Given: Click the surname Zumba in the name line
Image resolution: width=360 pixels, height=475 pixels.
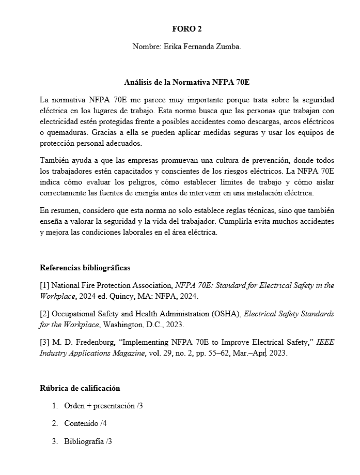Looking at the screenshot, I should pos(229,47).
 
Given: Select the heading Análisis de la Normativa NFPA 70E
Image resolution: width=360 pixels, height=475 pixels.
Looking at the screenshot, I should pos(187,82).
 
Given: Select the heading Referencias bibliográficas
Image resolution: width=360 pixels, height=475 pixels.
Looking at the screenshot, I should pos(85,268).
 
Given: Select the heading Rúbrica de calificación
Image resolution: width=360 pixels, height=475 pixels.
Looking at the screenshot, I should pos(80,388).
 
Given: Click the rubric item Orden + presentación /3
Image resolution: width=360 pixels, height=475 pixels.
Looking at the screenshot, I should pos(103,406).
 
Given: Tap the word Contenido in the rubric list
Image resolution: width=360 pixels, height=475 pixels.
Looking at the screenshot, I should pos(81,423).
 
